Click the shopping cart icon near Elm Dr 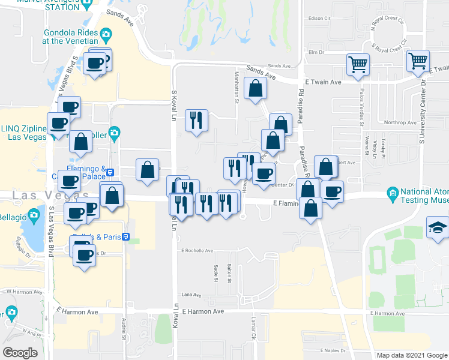[358, 63]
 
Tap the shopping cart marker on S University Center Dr [418, 60]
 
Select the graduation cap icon [436, 226]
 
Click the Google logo [20, 353]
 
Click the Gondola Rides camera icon [106, 34]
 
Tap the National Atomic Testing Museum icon [393, 193]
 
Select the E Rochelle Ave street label [197, 250]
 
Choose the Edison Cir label [319, 18]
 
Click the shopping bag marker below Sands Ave [256, 88]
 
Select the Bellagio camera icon [34, 215]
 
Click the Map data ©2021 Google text [412, 355]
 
